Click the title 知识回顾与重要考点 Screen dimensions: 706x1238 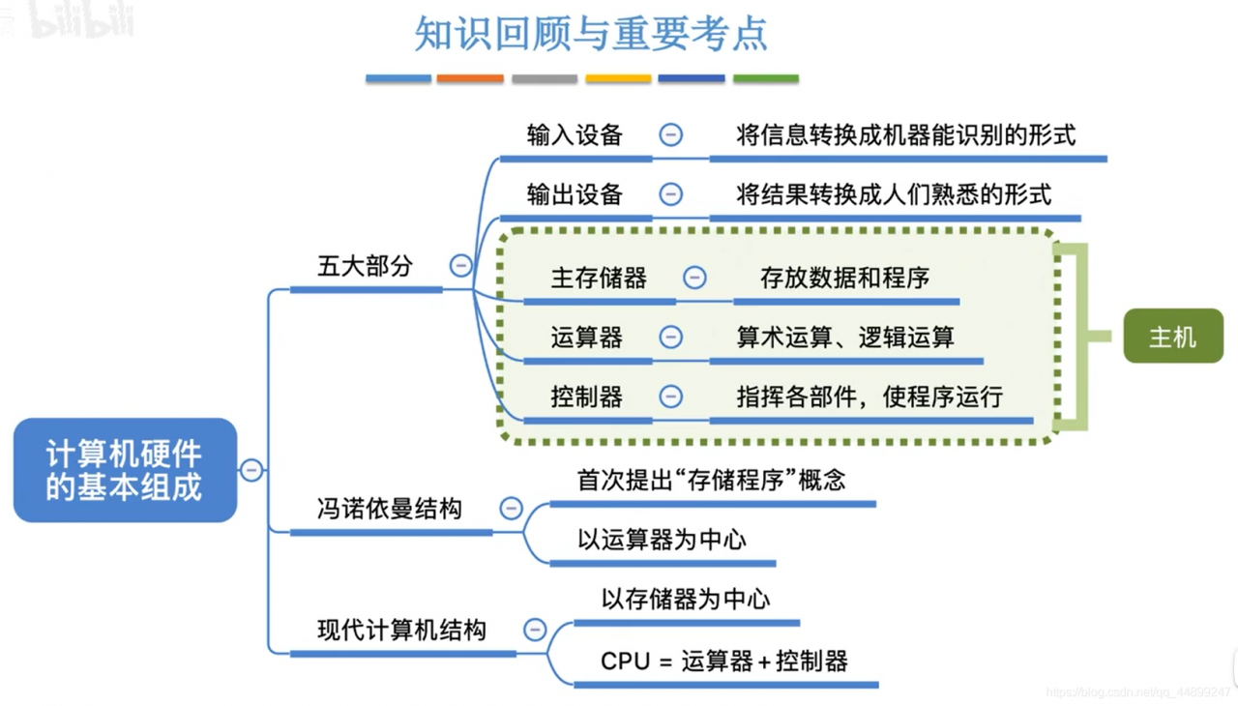point(591,33)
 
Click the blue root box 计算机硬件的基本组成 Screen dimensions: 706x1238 point(125,470)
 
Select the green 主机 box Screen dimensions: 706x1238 point(1172,337)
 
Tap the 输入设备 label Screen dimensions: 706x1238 point(575,135)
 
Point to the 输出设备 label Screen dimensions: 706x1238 point(575,194)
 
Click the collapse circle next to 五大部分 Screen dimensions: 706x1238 point(461,265)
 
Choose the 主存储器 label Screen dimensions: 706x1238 point(599,279)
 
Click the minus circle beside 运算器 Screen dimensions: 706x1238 point(670,337)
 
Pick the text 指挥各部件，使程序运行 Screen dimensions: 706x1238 point(870,397)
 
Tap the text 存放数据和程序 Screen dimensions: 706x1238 point(844,279)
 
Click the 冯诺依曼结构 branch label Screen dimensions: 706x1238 point(390,509)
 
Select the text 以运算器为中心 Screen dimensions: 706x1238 point(662,540)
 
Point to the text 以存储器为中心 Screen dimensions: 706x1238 point(686,600)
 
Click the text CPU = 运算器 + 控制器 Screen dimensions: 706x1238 point(724,662)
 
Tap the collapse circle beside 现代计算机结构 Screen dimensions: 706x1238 point(535,630)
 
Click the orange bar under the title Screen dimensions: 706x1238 point(470,78)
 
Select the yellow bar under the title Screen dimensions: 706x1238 point(618,78)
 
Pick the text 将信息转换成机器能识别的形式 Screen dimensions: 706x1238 point(905,135)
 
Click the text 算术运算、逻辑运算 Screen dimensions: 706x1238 point(845,337)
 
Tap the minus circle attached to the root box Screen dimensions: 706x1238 point(251,470)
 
